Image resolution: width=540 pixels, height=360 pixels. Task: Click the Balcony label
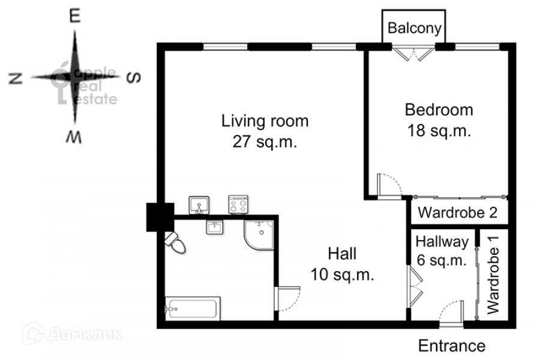(x=414, y=28)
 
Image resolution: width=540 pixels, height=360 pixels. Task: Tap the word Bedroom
(x=439, y=110)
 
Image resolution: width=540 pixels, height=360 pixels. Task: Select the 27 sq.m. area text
(x=265, y=141)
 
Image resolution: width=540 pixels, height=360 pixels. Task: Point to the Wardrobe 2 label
(x=458, y=212)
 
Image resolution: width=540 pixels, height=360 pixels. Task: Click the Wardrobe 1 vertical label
(x=493, y=275)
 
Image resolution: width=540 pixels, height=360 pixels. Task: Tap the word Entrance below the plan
(x=451, y=346)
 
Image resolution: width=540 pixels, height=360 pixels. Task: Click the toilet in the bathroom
(x=175, y=242)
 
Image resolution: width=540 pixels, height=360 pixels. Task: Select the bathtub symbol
(x=193, y=308)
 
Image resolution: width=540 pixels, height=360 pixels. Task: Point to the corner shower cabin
(x=259, y=235)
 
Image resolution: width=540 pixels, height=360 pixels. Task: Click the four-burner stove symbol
(x=238, y=205)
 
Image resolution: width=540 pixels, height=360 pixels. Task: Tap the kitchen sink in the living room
(x=199, y=205)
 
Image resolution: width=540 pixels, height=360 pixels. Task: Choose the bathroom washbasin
(x=215, y=227)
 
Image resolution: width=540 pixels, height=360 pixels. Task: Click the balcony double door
(x=413, y=54)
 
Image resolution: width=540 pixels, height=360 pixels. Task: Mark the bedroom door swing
(x=389, y=186)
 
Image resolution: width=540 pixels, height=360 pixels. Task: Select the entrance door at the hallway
(x=451, y=313)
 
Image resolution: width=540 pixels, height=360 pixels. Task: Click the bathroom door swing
(x=288, y=299)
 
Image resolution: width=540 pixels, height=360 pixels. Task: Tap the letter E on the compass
(x=75, y=16)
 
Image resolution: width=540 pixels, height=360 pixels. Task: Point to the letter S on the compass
(x=134, y=77)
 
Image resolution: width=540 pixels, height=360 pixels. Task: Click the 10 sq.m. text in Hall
(x=342, y=275)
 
